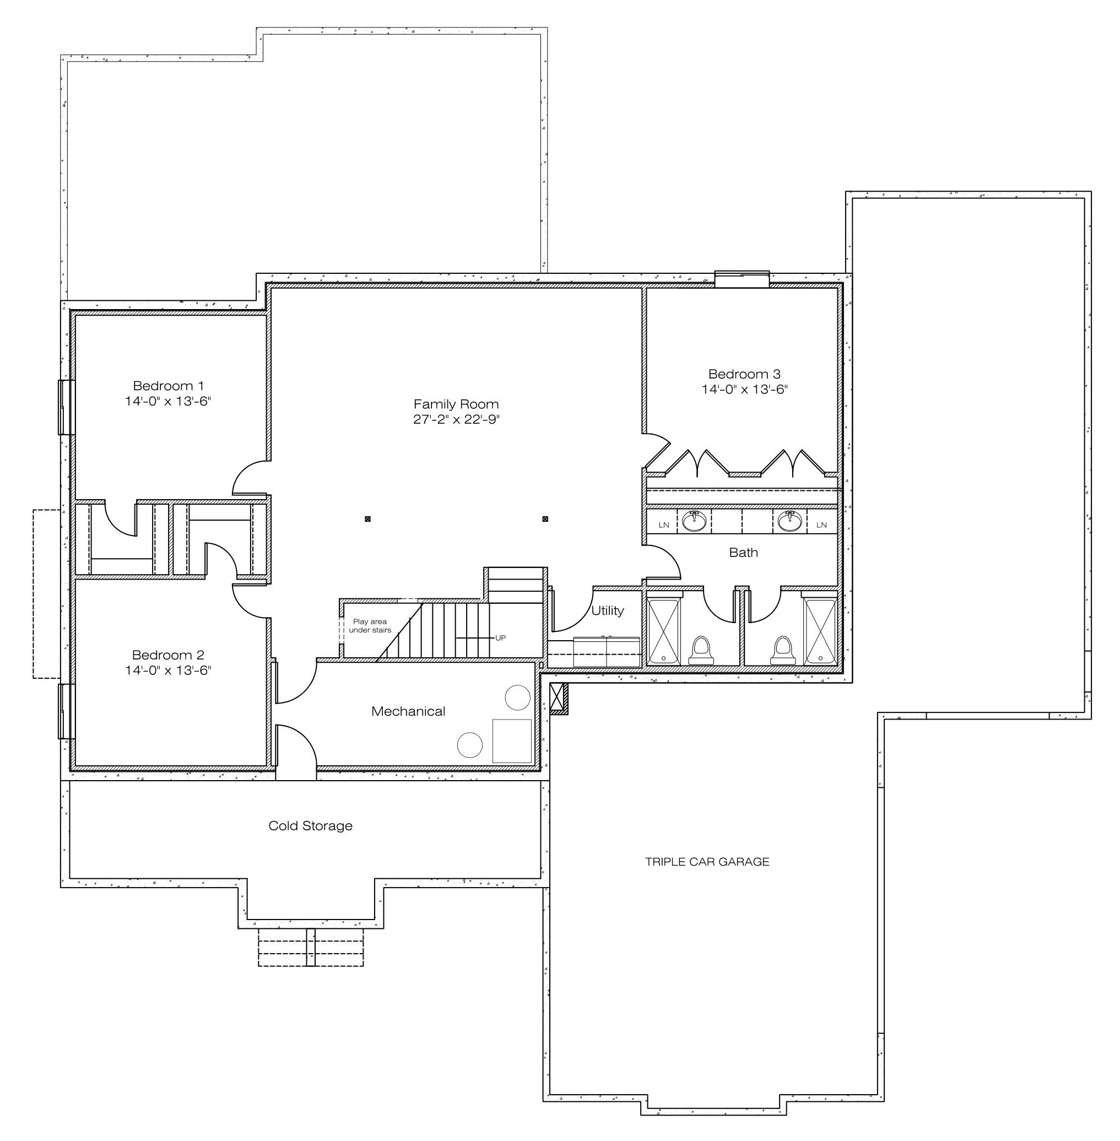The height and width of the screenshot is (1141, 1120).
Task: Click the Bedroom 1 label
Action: pos(168,386)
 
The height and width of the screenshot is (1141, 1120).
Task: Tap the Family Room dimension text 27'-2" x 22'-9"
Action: pos(456,419)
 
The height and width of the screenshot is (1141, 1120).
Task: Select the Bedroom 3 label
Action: pos(744,374)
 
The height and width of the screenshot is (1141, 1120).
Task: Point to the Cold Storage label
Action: pos(311,826)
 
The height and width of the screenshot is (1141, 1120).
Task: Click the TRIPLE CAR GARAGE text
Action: pos(707,862)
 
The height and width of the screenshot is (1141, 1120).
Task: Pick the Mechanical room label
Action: pos(408,711)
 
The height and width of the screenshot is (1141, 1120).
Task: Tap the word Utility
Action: pos(608,610)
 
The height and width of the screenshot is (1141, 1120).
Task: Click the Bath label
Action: pos(744,552)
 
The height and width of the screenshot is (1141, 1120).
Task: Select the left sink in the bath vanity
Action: pos(694,521)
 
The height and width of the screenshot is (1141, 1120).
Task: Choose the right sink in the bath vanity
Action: pos(789,521)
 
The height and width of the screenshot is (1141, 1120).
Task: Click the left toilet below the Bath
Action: pos(701,651)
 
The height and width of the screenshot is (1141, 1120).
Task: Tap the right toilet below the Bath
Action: pos(783,651)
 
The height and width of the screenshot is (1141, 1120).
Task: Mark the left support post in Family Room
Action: pos(367,520)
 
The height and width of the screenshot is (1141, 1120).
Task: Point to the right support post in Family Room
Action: pos(545,520)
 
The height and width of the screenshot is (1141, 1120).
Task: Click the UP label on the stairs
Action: pos(501,637)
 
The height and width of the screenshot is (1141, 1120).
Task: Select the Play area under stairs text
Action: pos(370,626)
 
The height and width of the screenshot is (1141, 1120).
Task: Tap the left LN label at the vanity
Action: pos(664,524)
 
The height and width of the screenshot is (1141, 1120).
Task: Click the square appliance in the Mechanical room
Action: pos(512,740)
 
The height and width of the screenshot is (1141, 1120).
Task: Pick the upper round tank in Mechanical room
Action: pos(518,697)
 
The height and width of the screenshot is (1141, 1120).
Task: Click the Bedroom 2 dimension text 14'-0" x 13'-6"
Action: pos(168,670)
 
